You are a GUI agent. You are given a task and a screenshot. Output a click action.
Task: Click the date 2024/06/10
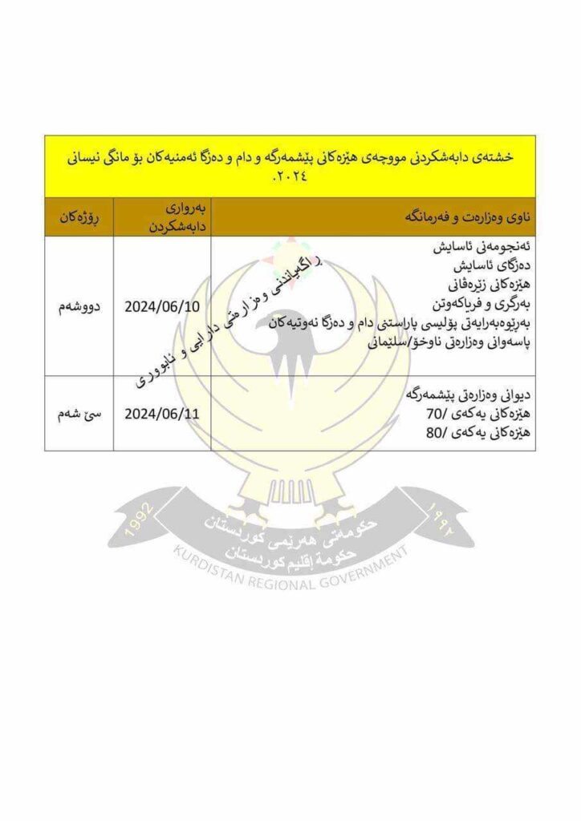pos(164,306)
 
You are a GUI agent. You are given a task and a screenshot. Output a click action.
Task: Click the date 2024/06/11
pos(164,414)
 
